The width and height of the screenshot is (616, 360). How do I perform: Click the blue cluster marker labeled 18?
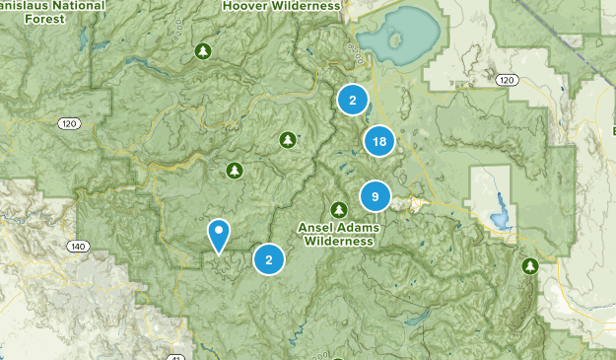(x=378, y=141)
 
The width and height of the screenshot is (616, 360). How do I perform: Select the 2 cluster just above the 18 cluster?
(x=352, y=100)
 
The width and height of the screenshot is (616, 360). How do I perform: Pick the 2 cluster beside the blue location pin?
(x=268, y=260)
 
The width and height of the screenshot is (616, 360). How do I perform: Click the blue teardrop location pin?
(x=219, y=235)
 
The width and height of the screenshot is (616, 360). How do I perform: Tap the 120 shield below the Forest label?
(x=67, y=124)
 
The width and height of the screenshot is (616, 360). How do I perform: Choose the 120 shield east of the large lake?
(x=507, y=80)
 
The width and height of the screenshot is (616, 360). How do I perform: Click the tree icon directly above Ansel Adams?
(x=339, y=209)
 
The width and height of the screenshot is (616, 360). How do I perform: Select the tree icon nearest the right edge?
(x=530, y=266)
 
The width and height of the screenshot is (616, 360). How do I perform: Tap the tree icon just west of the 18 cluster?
(x=288, y=139)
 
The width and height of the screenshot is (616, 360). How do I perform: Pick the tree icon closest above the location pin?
(x=234, y=170)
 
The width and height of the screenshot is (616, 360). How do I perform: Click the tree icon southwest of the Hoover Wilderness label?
(x=203, y=50)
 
